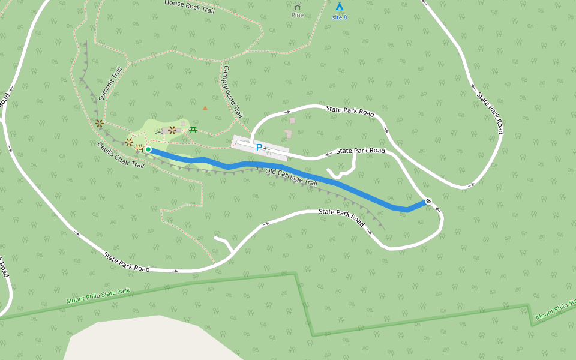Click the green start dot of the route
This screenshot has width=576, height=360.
click(148, 149)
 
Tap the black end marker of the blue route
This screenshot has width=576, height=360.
click(428, 201)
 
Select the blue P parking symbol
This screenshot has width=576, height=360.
click(259, 148)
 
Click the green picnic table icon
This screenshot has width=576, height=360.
click(193, 130)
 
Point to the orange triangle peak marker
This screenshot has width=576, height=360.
click(205, 108)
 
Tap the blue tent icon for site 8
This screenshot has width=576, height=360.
click(340, 7)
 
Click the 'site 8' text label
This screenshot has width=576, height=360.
click(340, 17)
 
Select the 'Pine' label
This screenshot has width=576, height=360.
click(298, 15)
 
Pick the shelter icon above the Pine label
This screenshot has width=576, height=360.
click(298, 7)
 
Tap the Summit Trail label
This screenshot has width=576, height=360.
click(110, 83)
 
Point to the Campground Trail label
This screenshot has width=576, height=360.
click(233, 91)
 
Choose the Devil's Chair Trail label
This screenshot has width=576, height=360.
click(121, 155)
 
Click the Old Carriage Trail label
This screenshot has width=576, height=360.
click(291, 177)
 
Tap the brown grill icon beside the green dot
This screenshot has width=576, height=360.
click(139, 149)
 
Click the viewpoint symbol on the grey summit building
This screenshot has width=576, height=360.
click(172, 130)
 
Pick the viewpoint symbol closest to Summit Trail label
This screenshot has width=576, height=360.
click(100, 124)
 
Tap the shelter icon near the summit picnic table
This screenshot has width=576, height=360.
click(158, 133)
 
